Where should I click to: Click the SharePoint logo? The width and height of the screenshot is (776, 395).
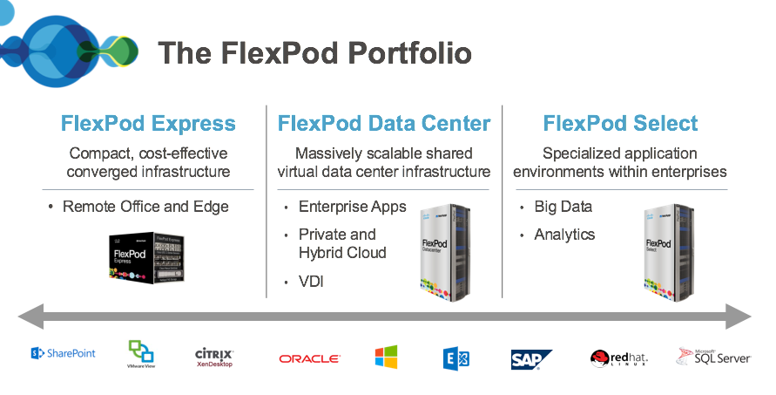tap(63, 353)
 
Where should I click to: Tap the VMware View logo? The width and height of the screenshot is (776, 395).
tap(141, 354)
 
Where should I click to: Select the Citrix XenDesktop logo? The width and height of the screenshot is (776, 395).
tap(213, 358)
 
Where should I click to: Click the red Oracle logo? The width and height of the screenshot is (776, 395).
tap(309, 358)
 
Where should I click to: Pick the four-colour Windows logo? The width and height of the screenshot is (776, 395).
tap(386, 357)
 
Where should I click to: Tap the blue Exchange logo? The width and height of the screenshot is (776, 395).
tap(455, 358)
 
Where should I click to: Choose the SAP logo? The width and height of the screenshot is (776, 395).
tap(531, 359)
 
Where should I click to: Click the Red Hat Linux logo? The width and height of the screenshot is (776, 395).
tap(619, 358)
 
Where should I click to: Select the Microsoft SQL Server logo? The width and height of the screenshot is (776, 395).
tap(713, 357)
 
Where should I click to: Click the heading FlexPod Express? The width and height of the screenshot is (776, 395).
tap(148, 124)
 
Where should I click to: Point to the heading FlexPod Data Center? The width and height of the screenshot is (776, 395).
tap(384, 124)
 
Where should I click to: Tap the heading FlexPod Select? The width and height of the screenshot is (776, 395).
tap(620, 124)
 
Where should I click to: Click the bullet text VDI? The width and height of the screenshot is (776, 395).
tap(311, 282)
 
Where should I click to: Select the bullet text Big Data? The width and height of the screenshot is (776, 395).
tap(563, 207)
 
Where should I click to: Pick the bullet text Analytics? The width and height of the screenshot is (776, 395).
tap(564, 235)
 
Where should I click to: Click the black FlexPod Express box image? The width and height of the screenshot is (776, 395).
tap(146, 258)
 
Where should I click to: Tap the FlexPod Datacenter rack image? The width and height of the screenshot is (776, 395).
tap(445, 252)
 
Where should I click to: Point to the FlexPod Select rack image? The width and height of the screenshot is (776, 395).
tap(669, 252)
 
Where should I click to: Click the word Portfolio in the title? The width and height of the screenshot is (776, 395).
tap(409, 52)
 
